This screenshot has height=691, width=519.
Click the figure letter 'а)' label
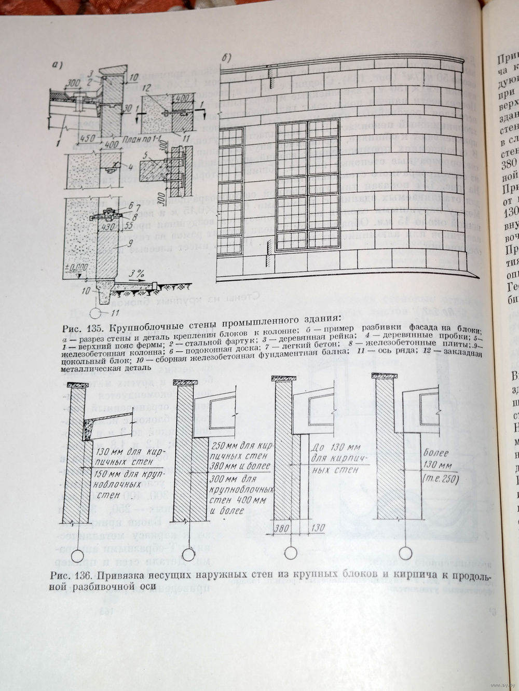(58, 65)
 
